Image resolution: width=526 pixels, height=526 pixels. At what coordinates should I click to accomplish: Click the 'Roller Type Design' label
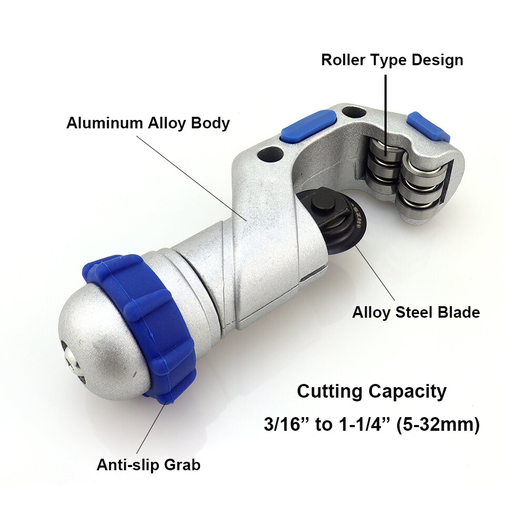tap(392, 60)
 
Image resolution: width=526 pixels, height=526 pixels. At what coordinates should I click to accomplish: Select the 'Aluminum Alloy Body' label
tap(148, 123)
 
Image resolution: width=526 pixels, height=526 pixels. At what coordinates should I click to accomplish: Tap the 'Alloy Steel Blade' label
tap(416, 312)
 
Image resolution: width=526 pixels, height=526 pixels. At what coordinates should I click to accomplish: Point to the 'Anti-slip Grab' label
tap(148, 465)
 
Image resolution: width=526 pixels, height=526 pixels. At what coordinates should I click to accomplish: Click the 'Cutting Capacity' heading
tap(372, 392)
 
